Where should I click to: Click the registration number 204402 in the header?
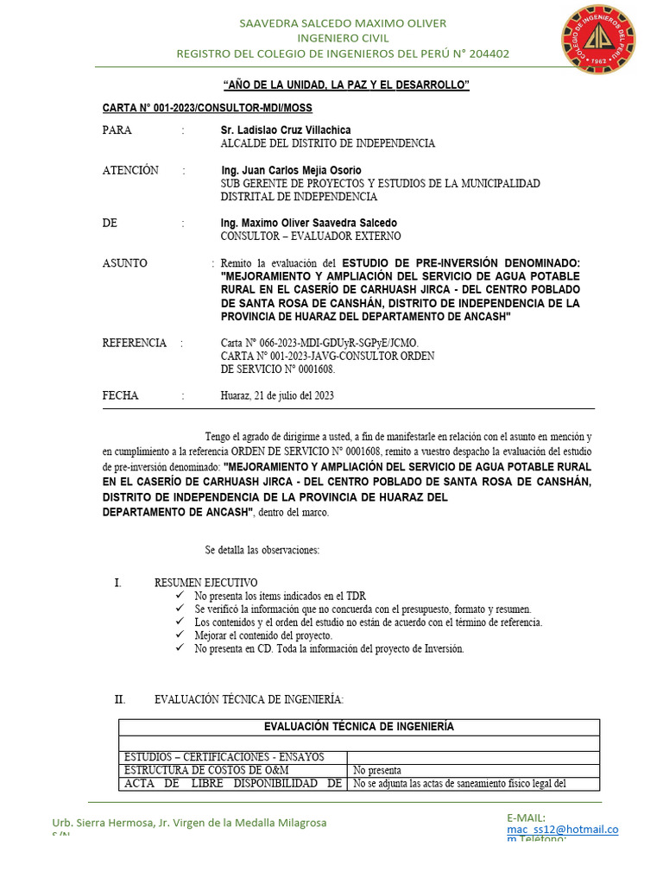489,54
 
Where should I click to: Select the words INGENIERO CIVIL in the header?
343,38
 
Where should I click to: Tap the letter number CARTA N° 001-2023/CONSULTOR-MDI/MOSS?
207,108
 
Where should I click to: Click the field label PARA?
117,130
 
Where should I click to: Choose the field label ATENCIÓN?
130,170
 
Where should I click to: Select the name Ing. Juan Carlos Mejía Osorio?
291,170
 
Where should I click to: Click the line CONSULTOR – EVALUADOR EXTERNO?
311,236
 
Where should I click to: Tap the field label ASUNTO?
124,263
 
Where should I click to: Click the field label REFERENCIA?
134,343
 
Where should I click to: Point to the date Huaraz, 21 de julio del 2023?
277,395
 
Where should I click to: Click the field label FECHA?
120,395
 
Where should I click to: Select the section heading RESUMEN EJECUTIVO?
205,583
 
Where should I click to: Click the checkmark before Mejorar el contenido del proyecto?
180,635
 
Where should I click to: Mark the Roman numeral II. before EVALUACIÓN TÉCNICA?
120,698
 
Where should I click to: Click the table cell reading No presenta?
377,770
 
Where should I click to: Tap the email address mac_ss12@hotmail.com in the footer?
562,831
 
